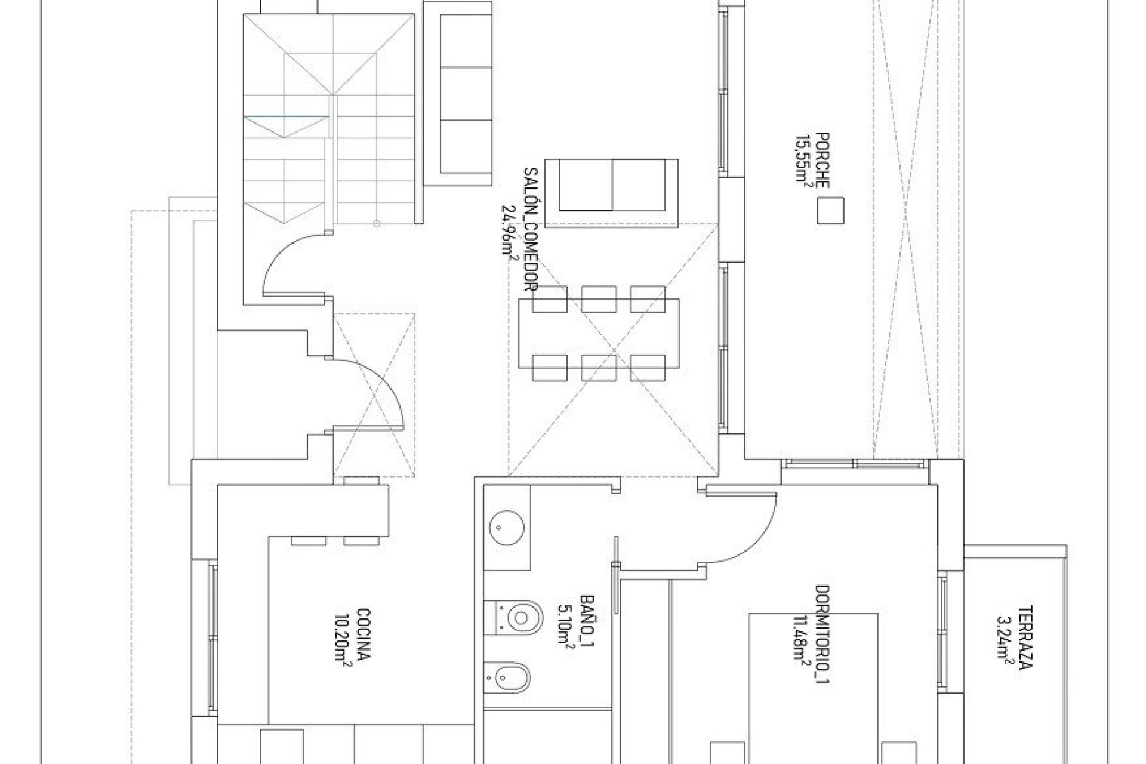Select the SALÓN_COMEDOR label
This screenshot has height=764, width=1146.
click(x=530, y=238)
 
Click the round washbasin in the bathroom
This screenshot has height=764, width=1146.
click(x=507, y=527)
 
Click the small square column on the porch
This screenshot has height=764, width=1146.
click(x=830, y=210)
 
